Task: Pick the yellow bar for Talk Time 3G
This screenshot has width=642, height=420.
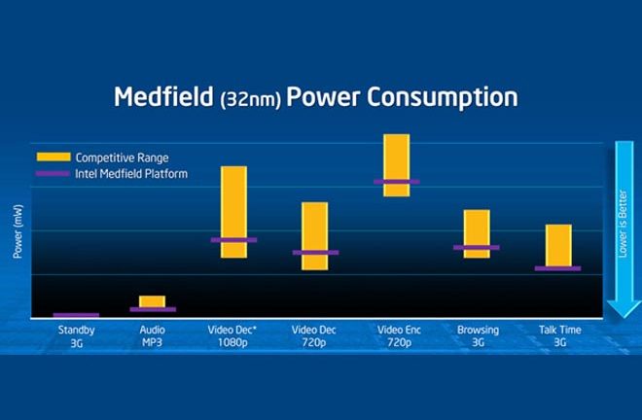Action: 557,243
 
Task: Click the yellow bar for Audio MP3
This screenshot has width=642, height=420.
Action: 153,300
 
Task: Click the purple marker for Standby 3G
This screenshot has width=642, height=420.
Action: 76,315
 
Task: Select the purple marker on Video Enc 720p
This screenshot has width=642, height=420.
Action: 396,182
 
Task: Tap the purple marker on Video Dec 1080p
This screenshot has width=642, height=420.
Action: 233,239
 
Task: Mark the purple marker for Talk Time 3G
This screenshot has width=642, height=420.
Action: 557,268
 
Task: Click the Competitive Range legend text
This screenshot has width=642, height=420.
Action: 121,157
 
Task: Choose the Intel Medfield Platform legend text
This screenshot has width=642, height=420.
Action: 131,174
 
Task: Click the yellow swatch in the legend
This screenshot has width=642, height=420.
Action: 53,157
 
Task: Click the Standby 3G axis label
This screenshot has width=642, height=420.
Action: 76,336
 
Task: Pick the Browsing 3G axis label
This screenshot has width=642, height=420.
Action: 478,336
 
